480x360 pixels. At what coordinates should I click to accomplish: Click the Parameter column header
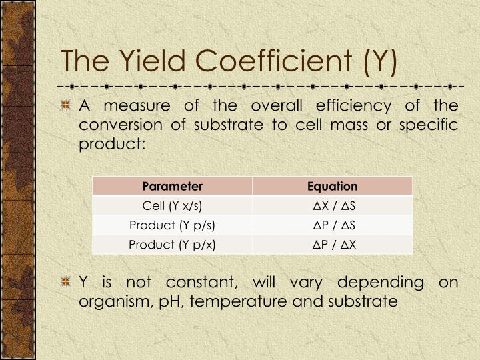coord(173,186)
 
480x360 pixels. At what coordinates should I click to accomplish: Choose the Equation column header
coord(333,186)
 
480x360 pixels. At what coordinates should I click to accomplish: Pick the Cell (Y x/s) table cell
coord(173,206)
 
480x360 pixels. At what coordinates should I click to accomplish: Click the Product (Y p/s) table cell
coord(173,225)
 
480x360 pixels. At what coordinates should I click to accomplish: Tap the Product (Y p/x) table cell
coord(173,245)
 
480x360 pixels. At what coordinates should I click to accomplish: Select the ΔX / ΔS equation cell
coord(333,206)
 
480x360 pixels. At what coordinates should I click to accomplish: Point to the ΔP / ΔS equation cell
coord(333,225)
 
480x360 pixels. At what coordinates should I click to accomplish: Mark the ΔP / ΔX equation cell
coord(333,245)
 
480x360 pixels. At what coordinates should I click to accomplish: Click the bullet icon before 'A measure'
coord(66,106)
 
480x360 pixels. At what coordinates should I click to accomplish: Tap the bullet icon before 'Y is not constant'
coord(66,283)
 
